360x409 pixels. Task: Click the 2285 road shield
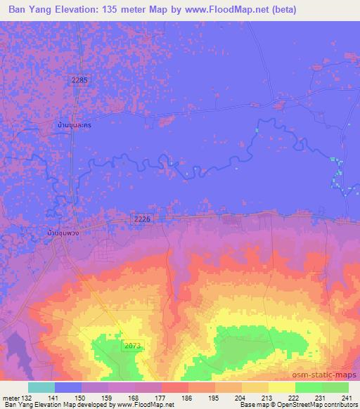click(79, 81)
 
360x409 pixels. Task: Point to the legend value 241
click(345, 397)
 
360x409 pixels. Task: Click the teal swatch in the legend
click(41, 387)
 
